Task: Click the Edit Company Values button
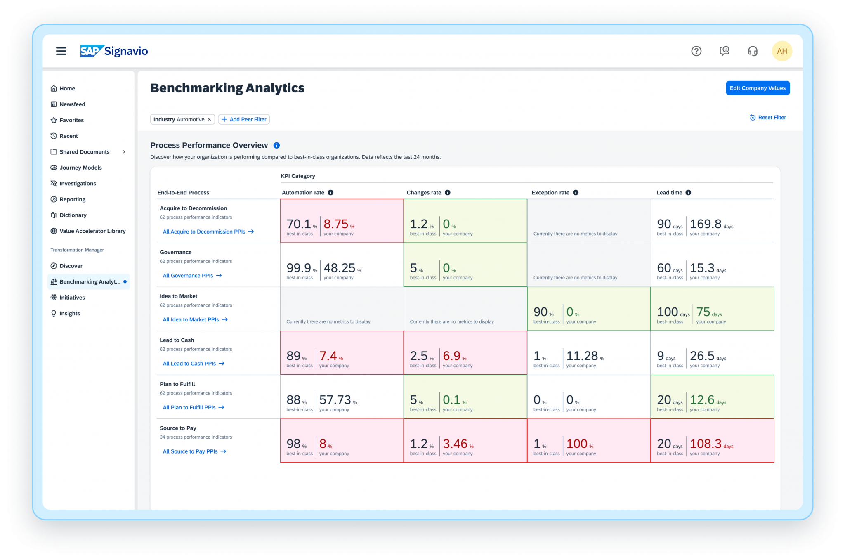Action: click(757, 88)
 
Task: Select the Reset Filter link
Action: click(768, 118)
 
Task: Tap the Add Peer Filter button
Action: click(244, 119)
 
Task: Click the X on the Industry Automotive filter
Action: click(209, 119)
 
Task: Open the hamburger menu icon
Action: click(61, 51)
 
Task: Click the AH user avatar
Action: click(781, 51)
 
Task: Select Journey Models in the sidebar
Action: click(80, 168)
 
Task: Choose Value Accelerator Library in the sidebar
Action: click(92, 231)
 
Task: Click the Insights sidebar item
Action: click(70, 313)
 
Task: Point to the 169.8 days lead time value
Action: click(706, 224)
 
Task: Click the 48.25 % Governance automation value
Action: click(339, 268)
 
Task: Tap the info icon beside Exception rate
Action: click(576, 193)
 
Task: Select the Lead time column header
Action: click(669, 193)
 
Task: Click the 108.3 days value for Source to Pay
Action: click(706, 444)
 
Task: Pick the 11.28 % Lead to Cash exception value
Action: click(582, 356)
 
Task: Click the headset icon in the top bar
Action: click(753, 51)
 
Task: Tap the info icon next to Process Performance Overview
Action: click(276, 145)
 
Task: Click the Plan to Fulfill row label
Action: click(177, 384)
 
